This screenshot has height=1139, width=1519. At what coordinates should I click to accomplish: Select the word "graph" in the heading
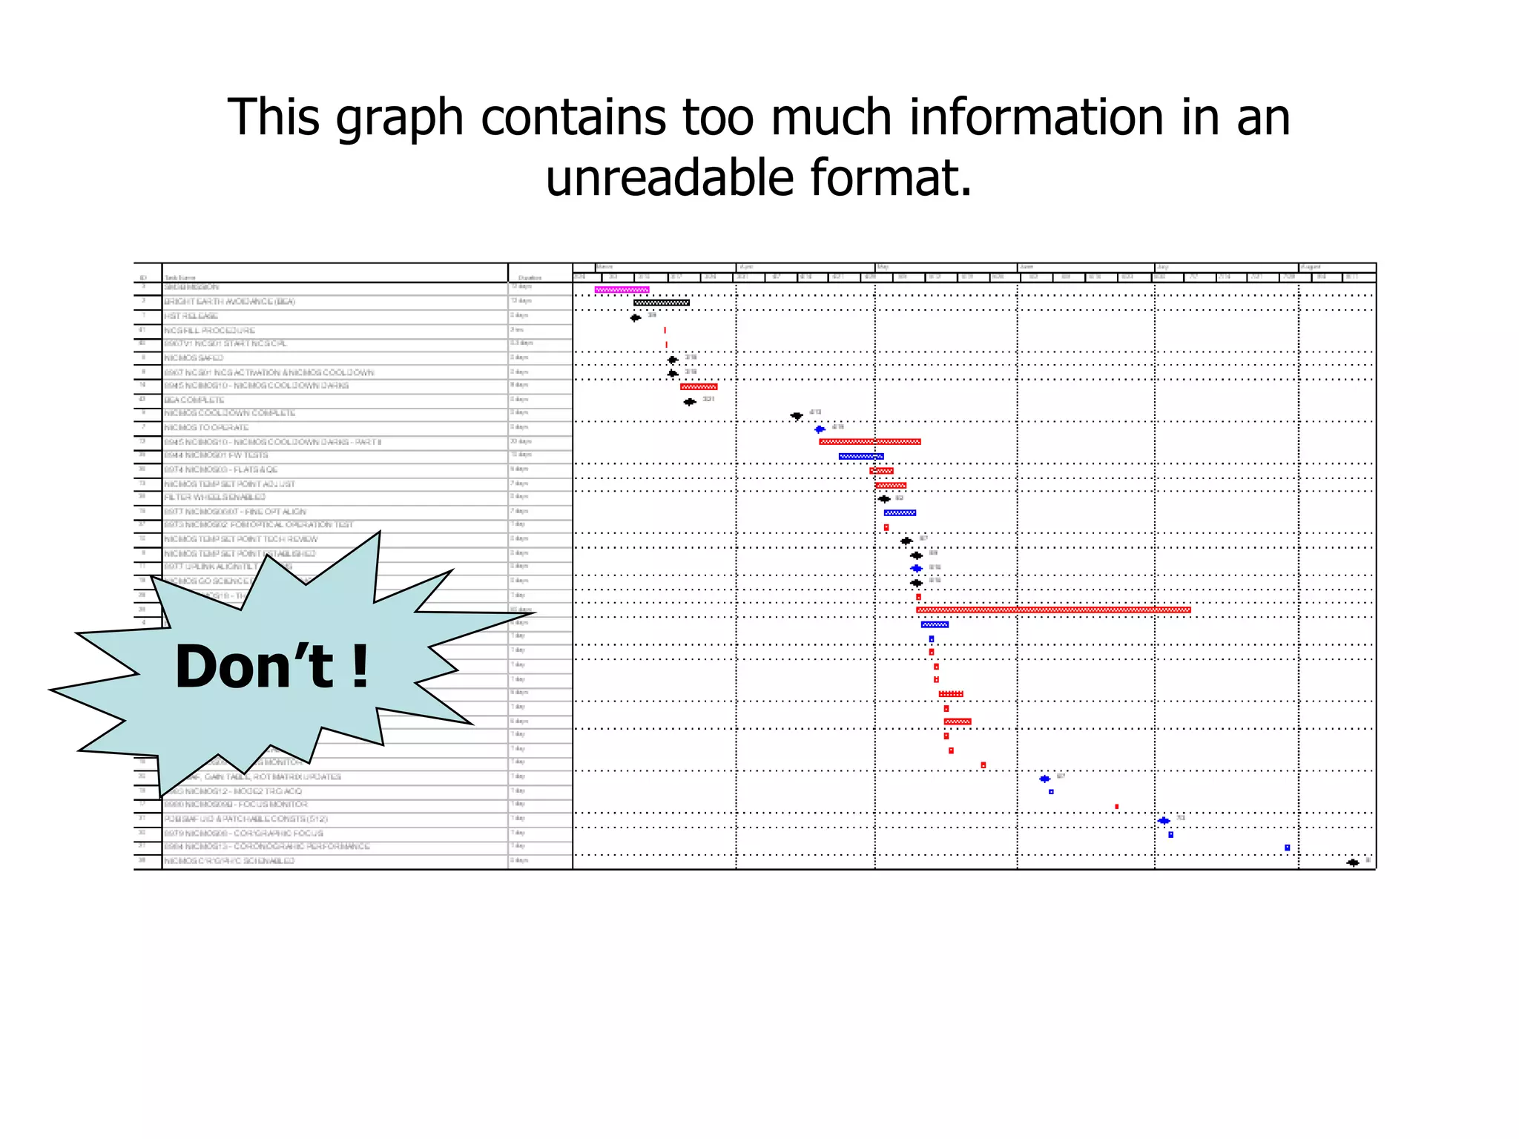tap(400, 119)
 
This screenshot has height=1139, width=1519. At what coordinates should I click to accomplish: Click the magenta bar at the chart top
tap(622, 290)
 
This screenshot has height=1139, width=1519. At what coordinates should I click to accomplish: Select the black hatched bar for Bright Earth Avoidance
tap(661, 303)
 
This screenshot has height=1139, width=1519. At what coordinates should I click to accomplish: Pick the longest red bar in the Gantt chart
tap(1052, 610)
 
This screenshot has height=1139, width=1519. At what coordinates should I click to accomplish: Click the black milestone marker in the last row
tap(1353, 862)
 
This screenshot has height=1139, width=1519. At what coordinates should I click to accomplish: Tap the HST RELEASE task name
tap(191, 316)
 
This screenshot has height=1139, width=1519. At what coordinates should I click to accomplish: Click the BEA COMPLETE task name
tap(194, 400)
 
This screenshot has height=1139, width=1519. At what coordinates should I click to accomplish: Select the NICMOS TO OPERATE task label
tap(206, 428)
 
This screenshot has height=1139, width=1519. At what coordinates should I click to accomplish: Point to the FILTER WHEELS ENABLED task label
tap(214, 497)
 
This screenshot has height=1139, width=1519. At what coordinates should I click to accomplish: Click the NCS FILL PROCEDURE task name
tap(209, 330)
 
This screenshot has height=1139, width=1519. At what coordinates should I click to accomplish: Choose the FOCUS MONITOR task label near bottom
tap(236, 805)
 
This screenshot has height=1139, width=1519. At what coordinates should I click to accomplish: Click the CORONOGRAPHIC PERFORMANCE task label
tap(267, 846)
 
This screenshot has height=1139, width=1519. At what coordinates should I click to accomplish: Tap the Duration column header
tap(530, 278)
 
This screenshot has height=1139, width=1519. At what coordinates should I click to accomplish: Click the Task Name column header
tap(180, 278)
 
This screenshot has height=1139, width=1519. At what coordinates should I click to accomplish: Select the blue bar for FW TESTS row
tap(860, 456)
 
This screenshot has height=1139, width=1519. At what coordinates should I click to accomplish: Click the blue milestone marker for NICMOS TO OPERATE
tap(820, 429)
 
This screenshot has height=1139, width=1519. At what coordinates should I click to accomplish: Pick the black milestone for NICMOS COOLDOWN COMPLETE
tap(797, 416)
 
